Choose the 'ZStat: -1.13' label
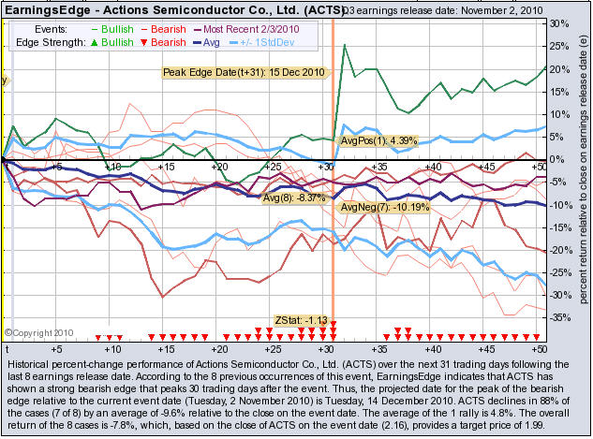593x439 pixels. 301,320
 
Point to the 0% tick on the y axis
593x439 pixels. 560,159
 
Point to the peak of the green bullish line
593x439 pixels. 345,45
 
